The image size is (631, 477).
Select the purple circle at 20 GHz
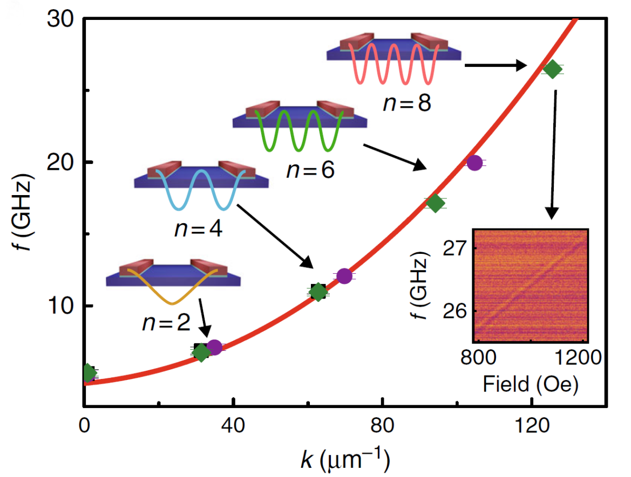tap(474, 162)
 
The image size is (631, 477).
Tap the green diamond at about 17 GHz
tap(435, 203)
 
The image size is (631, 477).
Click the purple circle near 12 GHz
tap(344, 276)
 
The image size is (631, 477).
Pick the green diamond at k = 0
tap(89, 372)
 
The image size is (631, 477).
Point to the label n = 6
tap(310, 170)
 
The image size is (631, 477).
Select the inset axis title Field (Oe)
tap(531, 384)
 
